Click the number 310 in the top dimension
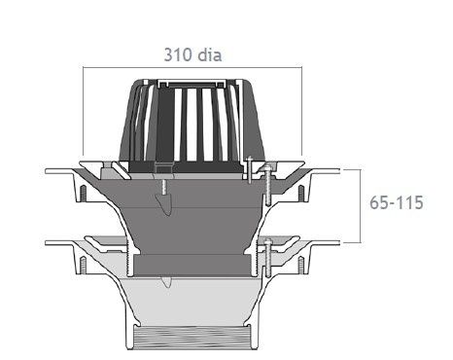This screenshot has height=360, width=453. coord(178,54)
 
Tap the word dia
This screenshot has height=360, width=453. coord(210,54)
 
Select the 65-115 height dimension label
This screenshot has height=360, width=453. coord(397,202)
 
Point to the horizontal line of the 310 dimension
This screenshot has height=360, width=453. coord(192,67)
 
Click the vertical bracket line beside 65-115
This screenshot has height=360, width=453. coord(361,206)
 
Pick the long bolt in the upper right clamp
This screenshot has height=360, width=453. coord(268,185)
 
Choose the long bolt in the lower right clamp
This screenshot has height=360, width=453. coord(268,258)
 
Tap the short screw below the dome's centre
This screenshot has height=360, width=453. coord(164,187)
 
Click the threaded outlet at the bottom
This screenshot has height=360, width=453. coord(192,338)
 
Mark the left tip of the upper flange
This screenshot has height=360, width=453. coord(46,171)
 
